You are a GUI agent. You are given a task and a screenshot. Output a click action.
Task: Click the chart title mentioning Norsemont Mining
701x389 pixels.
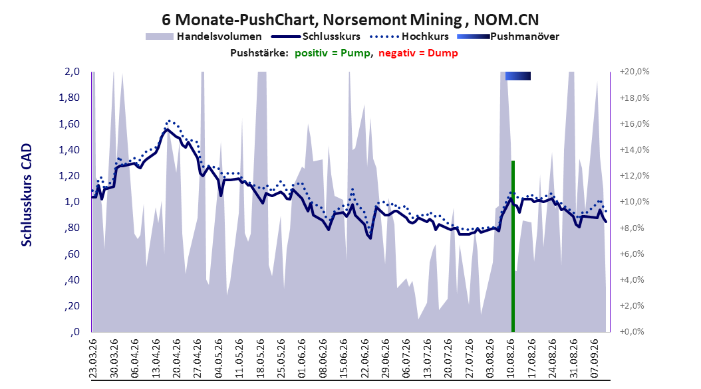coord(350,20)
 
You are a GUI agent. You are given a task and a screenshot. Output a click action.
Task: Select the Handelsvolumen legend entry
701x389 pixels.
coord(204,37)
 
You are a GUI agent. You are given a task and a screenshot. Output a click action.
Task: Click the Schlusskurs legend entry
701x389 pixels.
coord(316,37)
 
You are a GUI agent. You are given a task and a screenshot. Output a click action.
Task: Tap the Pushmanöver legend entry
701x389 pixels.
coord(508,37)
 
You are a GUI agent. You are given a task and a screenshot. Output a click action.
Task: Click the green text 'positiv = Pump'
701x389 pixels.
coord(333,53)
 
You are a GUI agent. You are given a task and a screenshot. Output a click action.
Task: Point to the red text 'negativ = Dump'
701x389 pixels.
coord(418,53)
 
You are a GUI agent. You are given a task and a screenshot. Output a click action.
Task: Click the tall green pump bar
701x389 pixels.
coord(513,246)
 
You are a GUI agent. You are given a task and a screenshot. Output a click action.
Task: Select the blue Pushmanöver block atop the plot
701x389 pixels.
coord(517,76)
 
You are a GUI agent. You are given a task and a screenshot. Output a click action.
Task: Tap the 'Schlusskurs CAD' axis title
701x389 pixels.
coord(27,194)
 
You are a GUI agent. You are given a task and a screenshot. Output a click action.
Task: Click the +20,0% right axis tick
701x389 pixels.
coord(634,72)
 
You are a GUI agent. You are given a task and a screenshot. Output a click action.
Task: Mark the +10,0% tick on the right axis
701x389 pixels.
coord(634,202)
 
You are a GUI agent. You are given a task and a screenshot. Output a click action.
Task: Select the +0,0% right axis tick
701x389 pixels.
coord(632,332)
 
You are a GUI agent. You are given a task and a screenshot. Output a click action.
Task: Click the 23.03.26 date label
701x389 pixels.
coord(93,358)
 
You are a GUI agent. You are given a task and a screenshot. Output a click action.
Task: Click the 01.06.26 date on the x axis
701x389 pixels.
coord(302,358)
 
